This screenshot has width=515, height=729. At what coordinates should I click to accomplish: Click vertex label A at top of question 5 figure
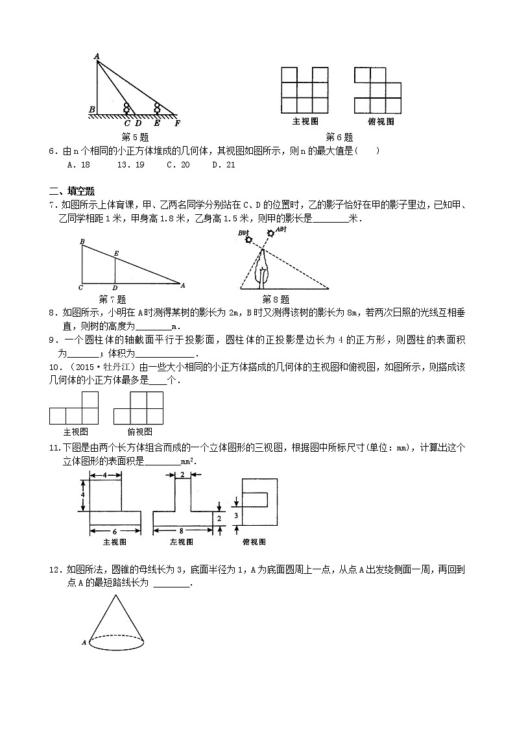(96, 57)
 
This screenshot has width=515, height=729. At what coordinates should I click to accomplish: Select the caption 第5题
(136, 137)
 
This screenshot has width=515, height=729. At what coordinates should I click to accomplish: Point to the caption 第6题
(339, 137)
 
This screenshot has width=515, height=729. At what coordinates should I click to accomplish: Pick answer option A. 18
(78, 164)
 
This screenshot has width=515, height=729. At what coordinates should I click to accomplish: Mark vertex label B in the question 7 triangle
(82, 242)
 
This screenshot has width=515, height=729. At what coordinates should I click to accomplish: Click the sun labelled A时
(271, 233)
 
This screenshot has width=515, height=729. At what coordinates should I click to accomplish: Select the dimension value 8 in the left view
(183, 530)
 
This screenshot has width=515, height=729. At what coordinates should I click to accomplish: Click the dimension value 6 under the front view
(114, 530)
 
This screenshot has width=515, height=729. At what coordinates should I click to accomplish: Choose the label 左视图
(182, 542)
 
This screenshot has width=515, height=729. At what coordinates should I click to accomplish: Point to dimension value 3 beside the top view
(237, 515)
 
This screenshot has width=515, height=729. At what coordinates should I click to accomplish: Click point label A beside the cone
(84, 643)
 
